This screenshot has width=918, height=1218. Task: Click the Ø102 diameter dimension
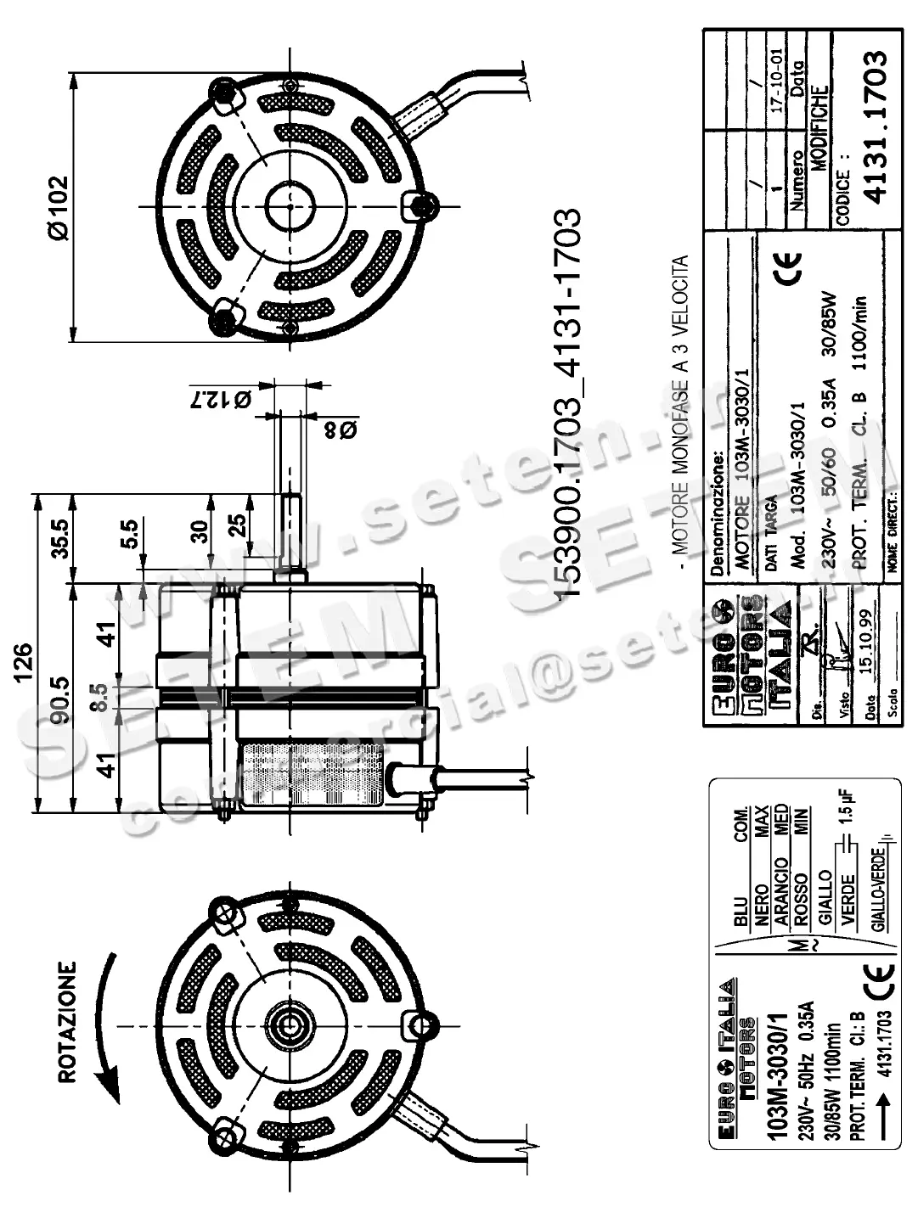point(57,206)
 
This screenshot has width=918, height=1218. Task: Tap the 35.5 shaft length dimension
point(60,536)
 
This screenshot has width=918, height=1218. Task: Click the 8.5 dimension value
point(99,696)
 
